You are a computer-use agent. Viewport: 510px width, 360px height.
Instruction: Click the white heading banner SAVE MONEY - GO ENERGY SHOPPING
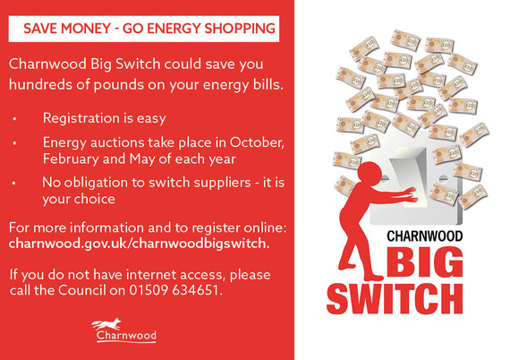click(149, 29)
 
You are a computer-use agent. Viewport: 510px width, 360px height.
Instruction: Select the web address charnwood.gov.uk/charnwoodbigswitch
click(139, 243)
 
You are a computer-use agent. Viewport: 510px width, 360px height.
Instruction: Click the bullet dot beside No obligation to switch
click(14, 183)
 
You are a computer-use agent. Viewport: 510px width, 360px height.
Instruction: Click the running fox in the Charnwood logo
click(108, 324)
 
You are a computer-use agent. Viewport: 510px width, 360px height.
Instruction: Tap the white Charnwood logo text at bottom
click(125, 337)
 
